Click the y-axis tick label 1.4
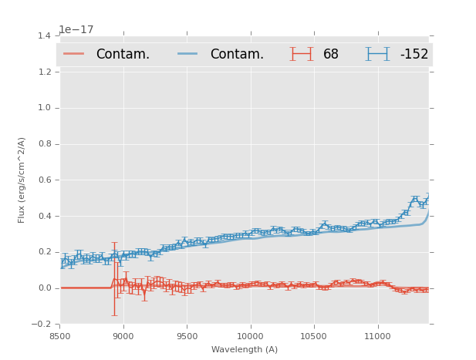[x=46, y=36]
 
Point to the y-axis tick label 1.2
[x=46, y=72]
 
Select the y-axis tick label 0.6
[x=46, y=180]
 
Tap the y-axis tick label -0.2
[x=43, y=325]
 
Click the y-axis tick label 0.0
[x=46, y=288]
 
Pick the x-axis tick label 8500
[x=60, y=336]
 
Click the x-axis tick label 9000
[x=123, y=336]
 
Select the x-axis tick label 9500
[x=187, y=336]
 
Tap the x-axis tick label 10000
[x=250, y=336]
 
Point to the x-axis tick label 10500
[x=314, y=336]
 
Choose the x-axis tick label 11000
[x=377, y=336]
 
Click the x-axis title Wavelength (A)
[x=245, y=350]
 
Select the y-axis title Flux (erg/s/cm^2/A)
[x=22, y=180]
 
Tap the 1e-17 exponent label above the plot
[x=76, y=30]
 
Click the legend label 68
[x=331, y=54]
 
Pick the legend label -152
[x=414, y=54]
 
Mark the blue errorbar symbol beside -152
[x=378, y=54]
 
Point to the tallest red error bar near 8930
[x=115, y=278]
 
